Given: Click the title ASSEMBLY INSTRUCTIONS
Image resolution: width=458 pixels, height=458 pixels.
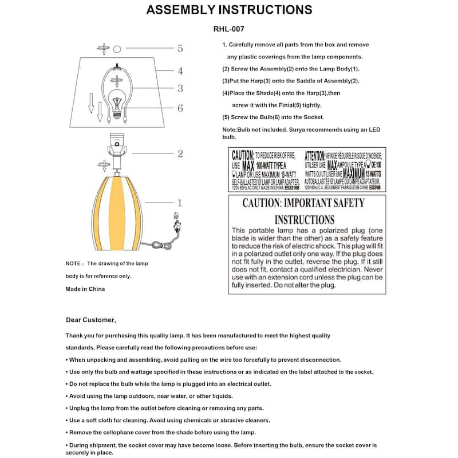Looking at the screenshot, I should (x=229, y=10).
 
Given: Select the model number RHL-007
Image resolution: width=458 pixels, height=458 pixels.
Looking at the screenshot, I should (x=229, y=28).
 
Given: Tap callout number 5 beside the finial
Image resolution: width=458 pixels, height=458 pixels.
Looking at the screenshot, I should (x=180, y=49).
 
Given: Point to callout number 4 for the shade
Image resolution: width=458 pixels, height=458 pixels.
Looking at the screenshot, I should (x=180, y=71).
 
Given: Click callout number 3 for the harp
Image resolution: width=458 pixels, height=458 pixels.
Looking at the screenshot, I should (x=180, y=88).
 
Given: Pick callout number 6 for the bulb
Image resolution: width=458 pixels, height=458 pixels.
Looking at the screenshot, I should (x=180, y=108).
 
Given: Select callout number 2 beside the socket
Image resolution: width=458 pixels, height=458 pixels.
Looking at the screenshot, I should (x=180, y=153).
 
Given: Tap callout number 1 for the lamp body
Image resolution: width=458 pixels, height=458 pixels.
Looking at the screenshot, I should (x=179, y=203).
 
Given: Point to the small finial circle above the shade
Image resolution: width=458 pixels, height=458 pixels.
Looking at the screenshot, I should (x=117, y=49).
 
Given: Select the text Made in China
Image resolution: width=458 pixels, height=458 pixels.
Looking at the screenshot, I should (x=85, y=289).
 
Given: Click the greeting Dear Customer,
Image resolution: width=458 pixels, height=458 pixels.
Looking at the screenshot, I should (x=91, y=320).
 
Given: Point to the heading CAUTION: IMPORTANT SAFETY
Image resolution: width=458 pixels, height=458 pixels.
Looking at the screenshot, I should (x=303, y=203).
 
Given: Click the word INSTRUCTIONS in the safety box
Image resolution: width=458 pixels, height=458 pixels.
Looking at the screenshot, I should (x=304, y=220).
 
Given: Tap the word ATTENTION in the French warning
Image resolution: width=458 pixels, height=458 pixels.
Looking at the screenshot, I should (x=315, y=155).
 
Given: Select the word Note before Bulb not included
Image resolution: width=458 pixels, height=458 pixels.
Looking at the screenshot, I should (x=229, y=130).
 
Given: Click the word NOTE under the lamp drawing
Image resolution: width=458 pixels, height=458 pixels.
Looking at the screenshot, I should (x=74, y=263).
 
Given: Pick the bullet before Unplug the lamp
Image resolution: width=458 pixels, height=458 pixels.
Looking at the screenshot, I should (x=67, y=408).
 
